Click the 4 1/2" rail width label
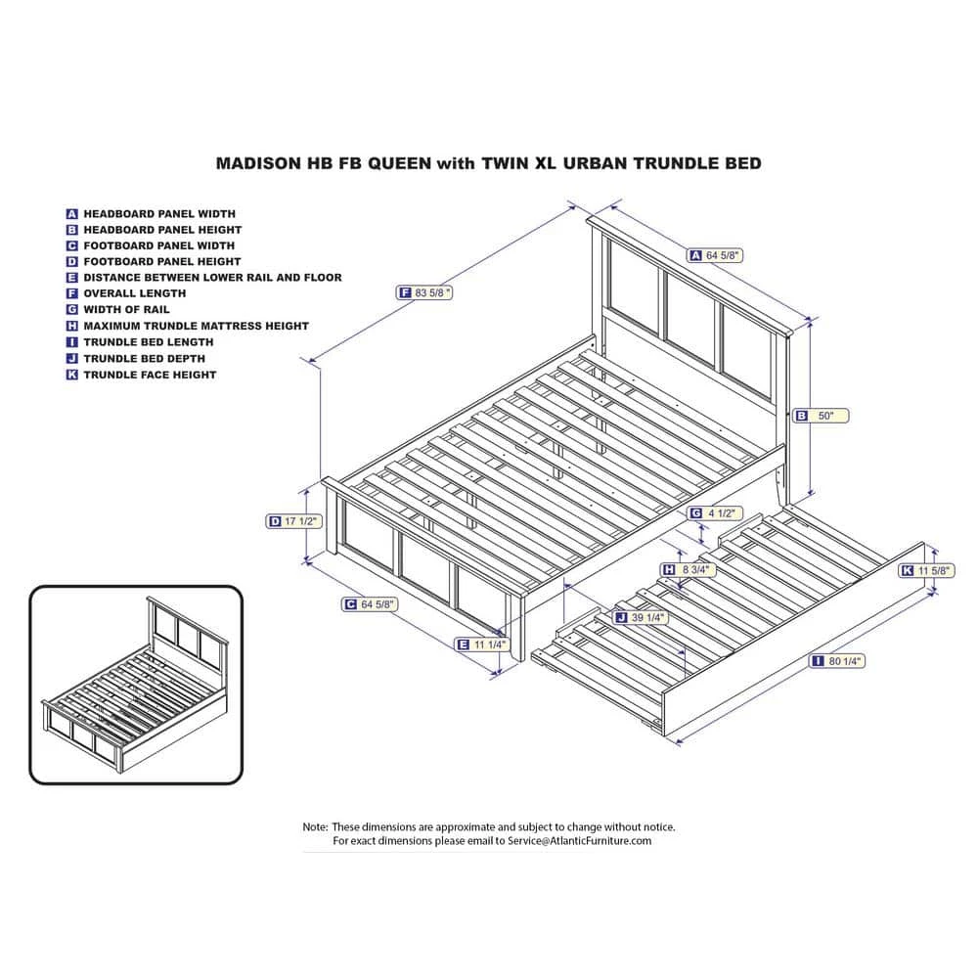click(719, 513)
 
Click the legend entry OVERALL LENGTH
click(134, 293)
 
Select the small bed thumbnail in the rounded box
click(135, 685)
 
